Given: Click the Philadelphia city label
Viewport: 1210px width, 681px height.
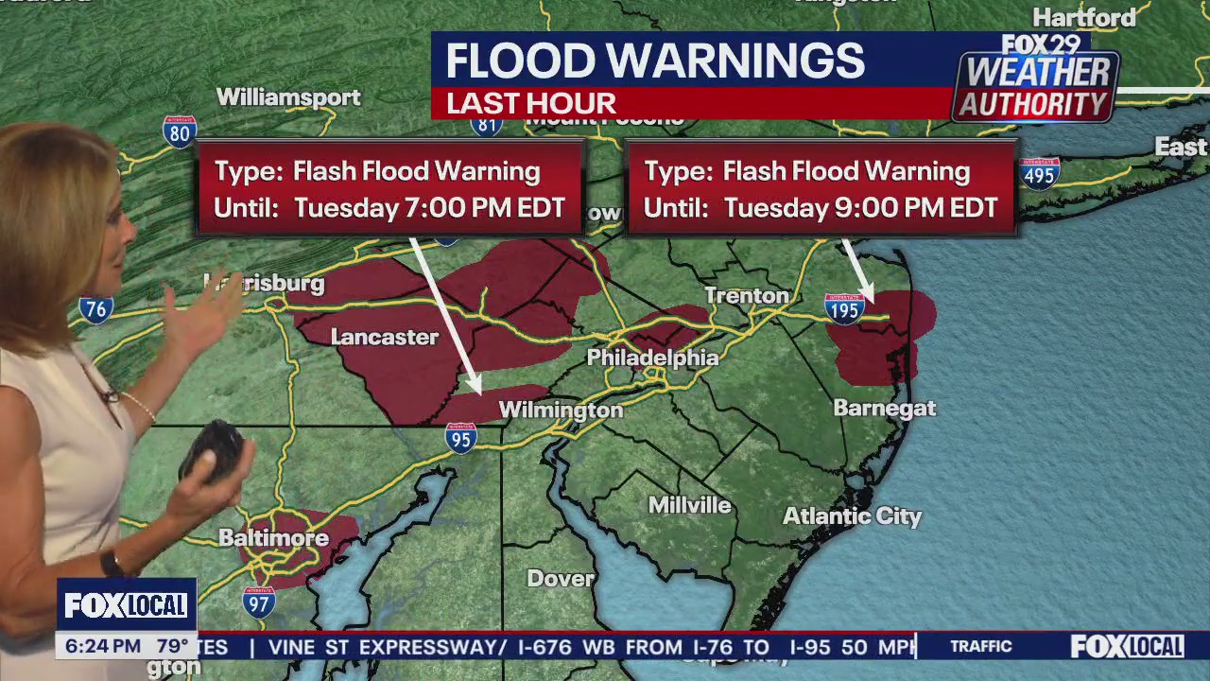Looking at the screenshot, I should [652, 358].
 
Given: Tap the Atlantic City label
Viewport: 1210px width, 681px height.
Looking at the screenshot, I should [852, 516].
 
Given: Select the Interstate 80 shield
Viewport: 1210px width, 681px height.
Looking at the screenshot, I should [179, 131].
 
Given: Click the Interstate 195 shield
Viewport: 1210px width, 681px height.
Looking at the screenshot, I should [844, 308].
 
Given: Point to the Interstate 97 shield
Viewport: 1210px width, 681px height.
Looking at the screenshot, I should [258, 602].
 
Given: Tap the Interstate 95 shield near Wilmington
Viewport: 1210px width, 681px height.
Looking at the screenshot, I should [460, 438].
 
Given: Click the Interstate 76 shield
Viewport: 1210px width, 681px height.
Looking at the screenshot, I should [95, 308].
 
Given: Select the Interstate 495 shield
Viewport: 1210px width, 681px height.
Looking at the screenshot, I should [1040, 174].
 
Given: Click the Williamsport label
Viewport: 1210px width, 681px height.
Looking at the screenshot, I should [288, 97].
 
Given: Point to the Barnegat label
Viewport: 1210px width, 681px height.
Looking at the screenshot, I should [884, 409].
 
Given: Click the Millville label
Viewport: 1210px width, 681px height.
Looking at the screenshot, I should [689, 505].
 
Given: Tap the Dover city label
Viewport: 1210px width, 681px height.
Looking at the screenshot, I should [561, 578].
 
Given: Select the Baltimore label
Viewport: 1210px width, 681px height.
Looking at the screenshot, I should [273, 538].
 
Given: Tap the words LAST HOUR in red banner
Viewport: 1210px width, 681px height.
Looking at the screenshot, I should [531, 103].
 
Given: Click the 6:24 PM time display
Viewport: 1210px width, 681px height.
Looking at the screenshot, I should [103, 647].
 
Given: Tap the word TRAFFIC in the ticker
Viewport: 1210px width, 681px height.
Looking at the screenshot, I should [980, 646].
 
